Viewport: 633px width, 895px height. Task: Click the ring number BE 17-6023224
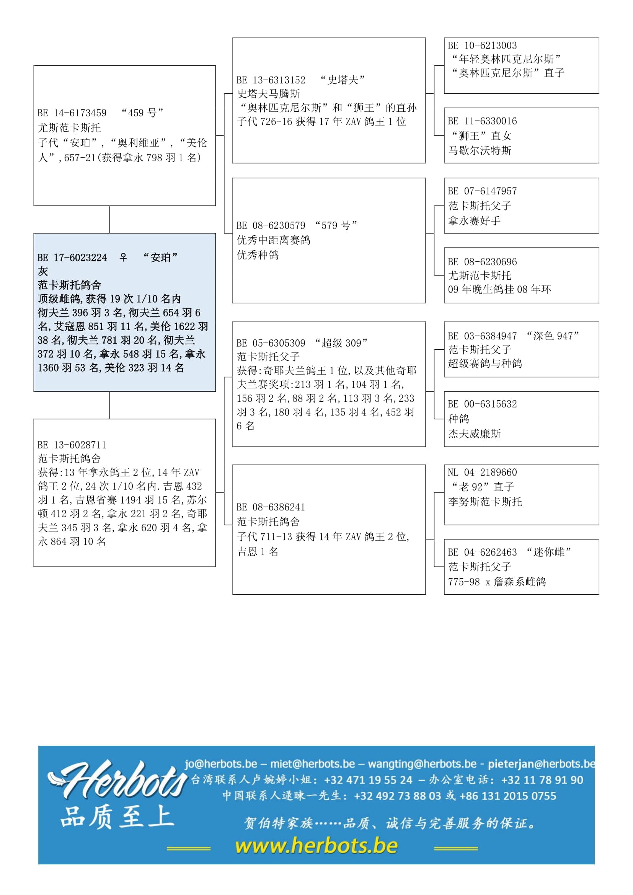point(72,258)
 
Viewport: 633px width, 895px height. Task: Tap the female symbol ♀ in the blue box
point(123,257)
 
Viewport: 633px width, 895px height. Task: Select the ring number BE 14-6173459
point(72,113)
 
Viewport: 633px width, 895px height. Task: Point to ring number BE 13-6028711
point(72,445)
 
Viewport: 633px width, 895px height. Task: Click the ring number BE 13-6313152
point(271,80)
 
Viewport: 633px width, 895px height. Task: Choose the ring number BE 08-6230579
point(271,225)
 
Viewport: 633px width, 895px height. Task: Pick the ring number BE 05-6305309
point(271,343)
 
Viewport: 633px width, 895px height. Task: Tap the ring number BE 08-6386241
point(271,507)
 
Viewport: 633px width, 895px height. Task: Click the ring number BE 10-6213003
point(483,46)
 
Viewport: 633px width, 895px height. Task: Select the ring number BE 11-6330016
point(483,121)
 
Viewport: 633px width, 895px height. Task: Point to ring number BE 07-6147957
point(483,191)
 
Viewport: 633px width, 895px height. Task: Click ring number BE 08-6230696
point(483,262)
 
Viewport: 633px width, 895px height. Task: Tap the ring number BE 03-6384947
point(483,336)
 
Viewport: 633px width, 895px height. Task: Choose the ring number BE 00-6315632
point(483,404)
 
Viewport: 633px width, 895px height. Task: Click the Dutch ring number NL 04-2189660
point(483,473)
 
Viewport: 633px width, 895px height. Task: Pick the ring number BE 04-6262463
point(483,553)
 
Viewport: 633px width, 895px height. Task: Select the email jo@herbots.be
point(221,764)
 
